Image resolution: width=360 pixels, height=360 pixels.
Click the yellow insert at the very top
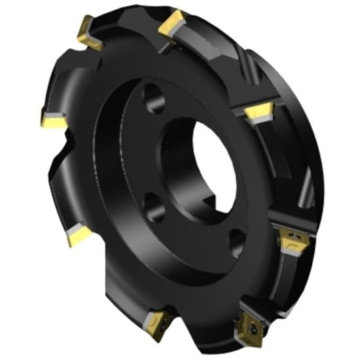(x=173, y=25)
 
